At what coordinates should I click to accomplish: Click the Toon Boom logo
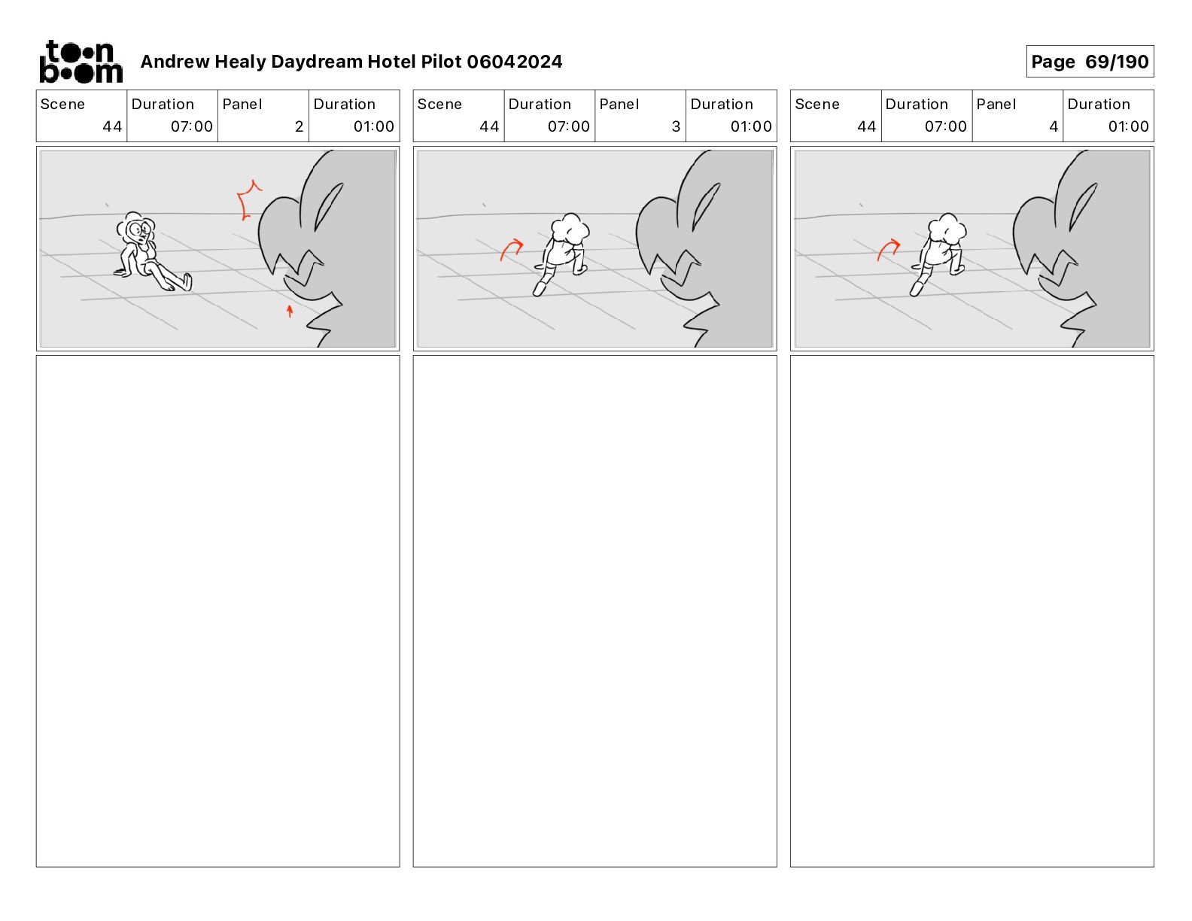[81, 62]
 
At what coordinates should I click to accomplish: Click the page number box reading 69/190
[1090, 62]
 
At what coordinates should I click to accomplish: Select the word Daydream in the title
[317, 62]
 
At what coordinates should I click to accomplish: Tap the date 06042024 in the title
[514, 62]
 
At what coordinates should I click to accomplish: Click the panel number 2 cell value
[299, 126]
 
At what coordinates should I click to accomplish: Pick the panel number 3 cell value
[676, 126]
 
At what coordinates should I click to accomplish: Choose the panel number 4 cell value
[1054, 126]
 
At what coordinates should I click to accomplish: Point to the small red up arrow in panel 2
[290, 311]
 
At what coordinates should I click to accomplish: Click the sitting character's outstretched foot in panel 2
[187, 282]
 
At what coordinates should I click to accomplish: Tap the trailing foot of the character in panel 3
[540, 288]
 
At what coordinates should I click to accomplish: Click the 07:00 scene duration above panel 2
[191, 126]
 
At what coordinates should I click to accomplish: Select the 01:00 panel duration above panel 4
[1128, 126]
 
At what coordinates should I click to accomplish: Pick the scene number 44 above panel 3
[489, 126]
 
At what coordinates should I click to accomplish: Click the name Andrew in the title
[175, 62]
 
